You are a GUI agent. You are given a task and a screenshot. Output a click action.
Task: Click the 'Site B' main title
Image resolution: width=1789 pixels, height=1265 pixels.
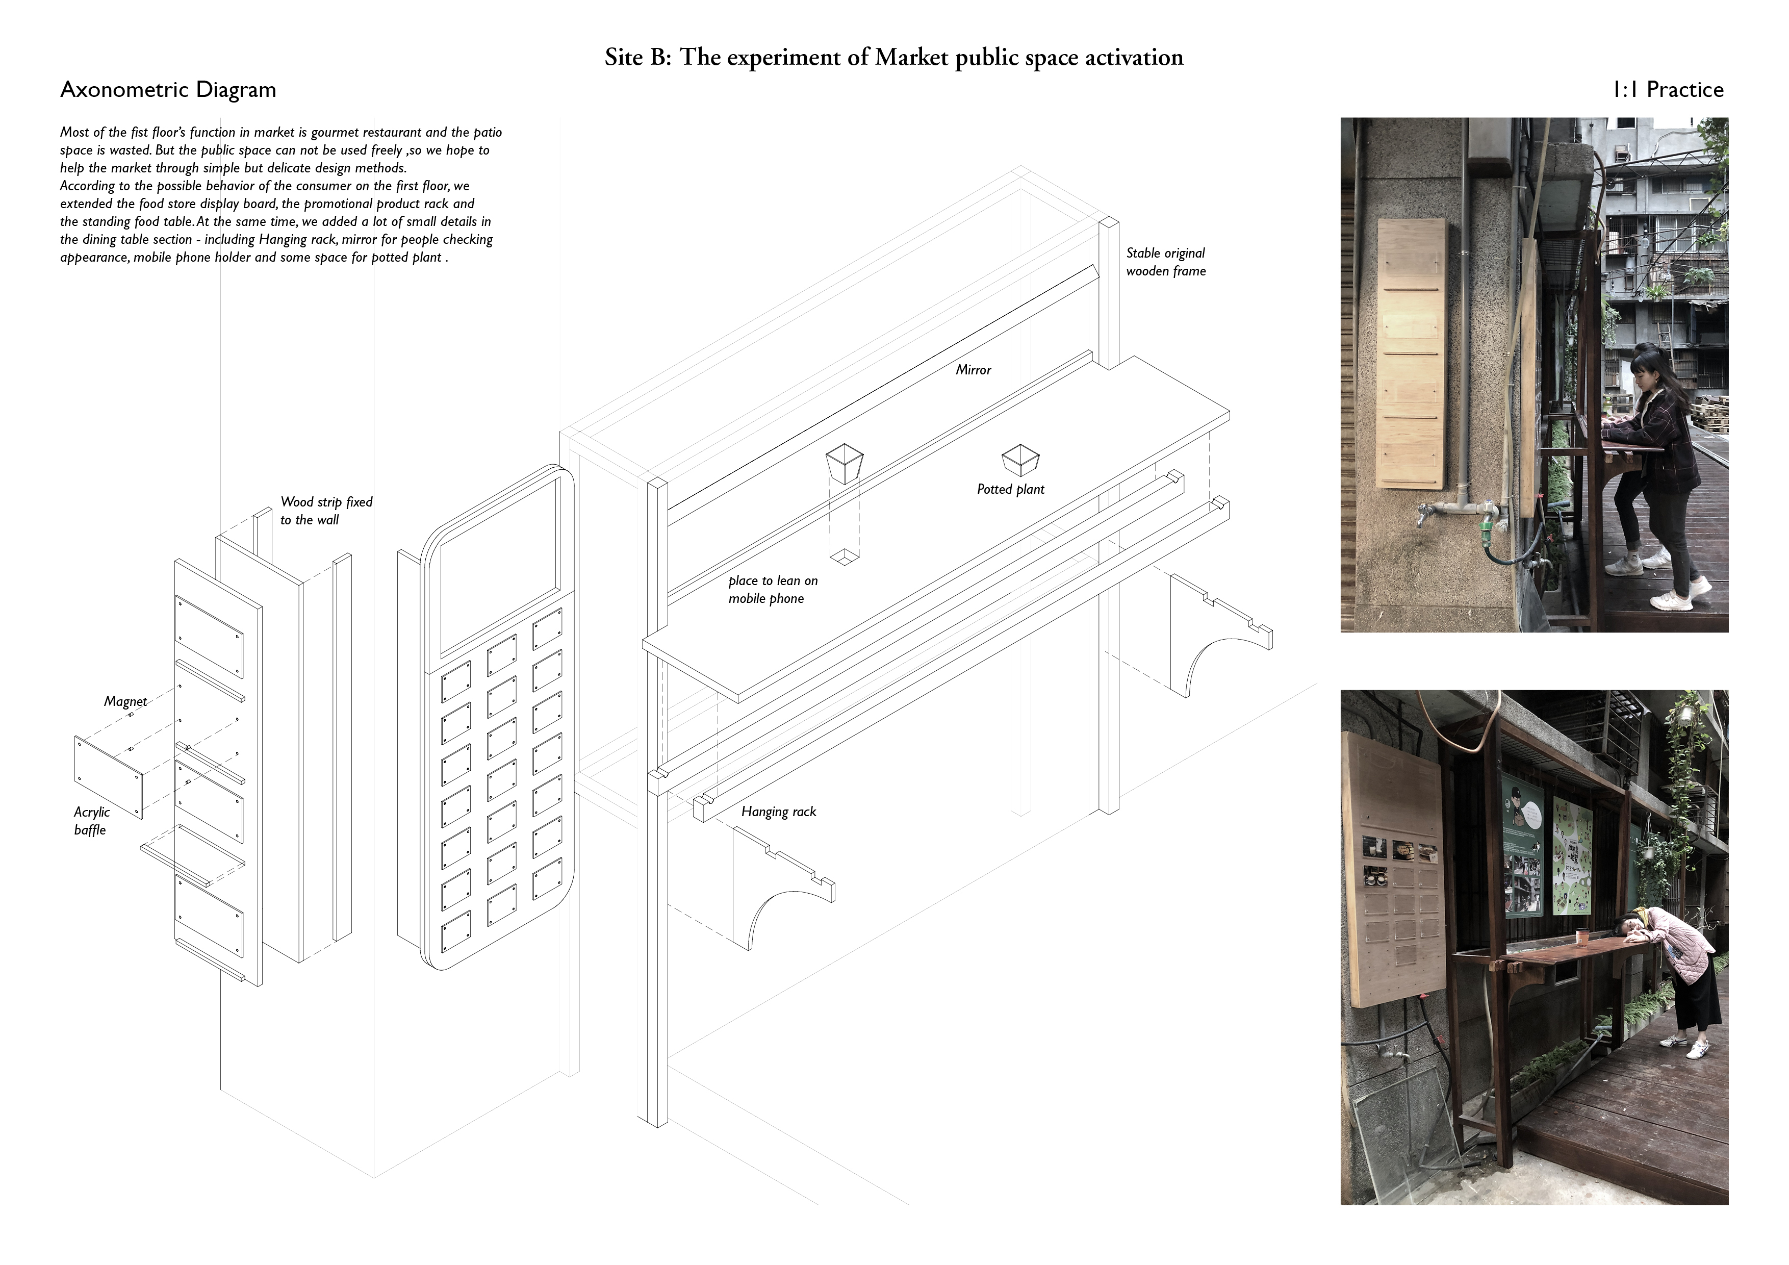893,58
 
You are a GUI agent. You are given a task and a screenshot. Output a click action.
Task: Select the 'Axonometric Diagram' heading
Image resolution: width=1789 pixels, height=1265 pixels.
168,90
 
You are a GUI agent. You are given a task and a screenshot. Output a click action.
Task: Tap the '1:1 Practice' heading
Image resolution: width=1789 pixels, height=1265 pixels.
1668,90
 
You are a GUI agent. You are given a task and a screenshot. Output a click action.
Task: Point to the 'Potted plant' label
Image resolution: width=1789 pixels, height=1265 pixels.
1011,490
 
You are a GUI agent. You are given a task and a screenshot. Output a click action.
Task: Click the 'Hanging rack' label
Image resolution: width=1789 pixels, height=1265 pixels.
778,812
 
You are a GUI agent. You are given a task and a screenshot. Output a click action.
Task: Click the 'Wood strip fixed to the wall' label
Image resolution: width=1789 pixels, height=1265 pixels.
326,511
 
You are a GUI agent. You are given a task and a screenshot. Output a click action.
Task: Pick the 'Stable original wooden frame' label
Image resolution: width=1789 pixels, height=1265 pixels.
1166,262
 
